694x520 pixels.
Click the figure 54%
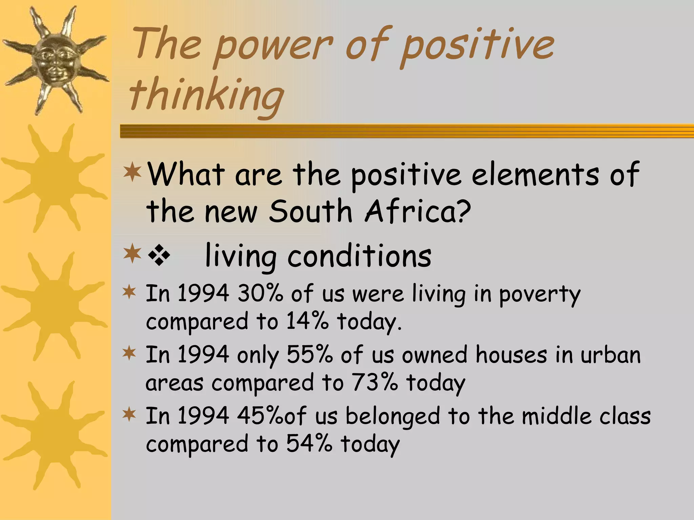coord(309,444)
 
